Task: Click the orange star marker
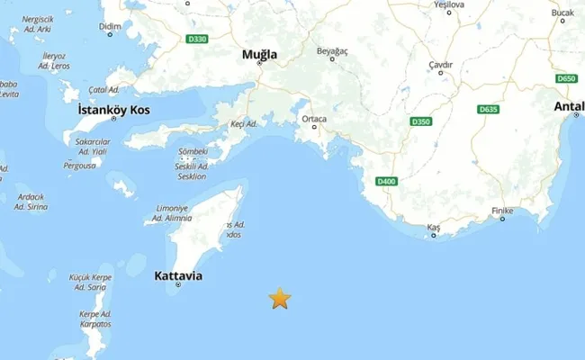point(280,298)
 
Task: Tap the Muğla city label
point(260,55)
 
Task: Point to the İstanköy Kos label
point(114,110)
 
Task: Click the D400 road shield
point(386,182)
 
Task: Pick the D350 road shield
point(420,121)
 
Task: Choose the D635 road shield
point(489,110)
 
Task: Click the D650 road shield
point(565,79)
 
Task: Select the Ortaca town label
point(314,119)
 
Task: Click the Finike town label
point(503,211)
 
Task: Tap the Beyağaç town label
point(332,51)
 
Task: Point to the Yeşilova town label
point(448,4)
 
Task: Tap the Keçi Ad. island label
point(245,121)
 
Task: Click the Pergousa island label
point(80,166)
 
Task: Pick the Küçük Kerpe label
point(91,277)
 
